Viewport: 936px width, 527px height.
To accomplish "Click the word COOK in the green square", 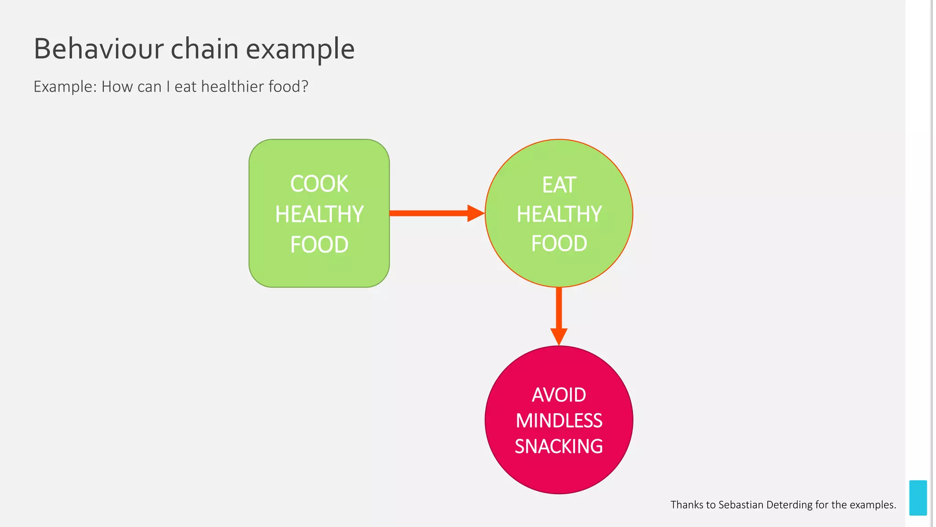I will tap(319, 184).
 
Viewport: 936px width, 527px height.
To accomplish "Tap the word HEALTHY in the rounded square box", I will tap(319, 214).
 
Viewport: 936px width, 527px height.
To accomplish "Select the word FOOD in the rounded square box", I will tap(319, 245).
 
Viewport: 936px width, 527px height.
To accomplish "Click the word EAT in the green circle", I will tap(559, 185).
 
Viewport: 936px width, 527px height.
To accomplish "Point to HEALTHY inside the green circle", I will tap(559, 214).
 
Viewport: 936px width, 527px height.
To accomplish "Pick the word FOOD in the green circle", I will tap(559, 243).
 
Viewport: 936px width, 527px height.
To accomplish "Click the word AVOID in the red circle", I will tap(559, 395).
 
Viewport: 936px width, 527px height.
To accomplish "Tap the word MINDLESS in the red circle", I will tap(559, 421).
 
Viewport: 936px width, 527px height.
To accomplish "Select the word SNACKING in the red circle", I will tap(559, 446).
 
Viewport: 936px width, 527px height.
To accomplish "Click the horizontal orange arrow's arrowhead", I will tap(475, 213).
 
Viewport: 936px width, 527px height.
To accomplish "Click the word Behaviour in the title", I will tap(99, 49).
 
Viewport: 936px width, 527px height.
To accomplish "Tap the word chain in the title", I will tap(204, 49).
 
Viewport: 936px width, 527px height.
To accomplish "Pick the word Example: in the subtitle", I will tap(65, 87).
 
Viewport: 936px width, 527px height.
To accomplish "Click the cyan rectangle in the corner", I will tap(918, 498).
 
